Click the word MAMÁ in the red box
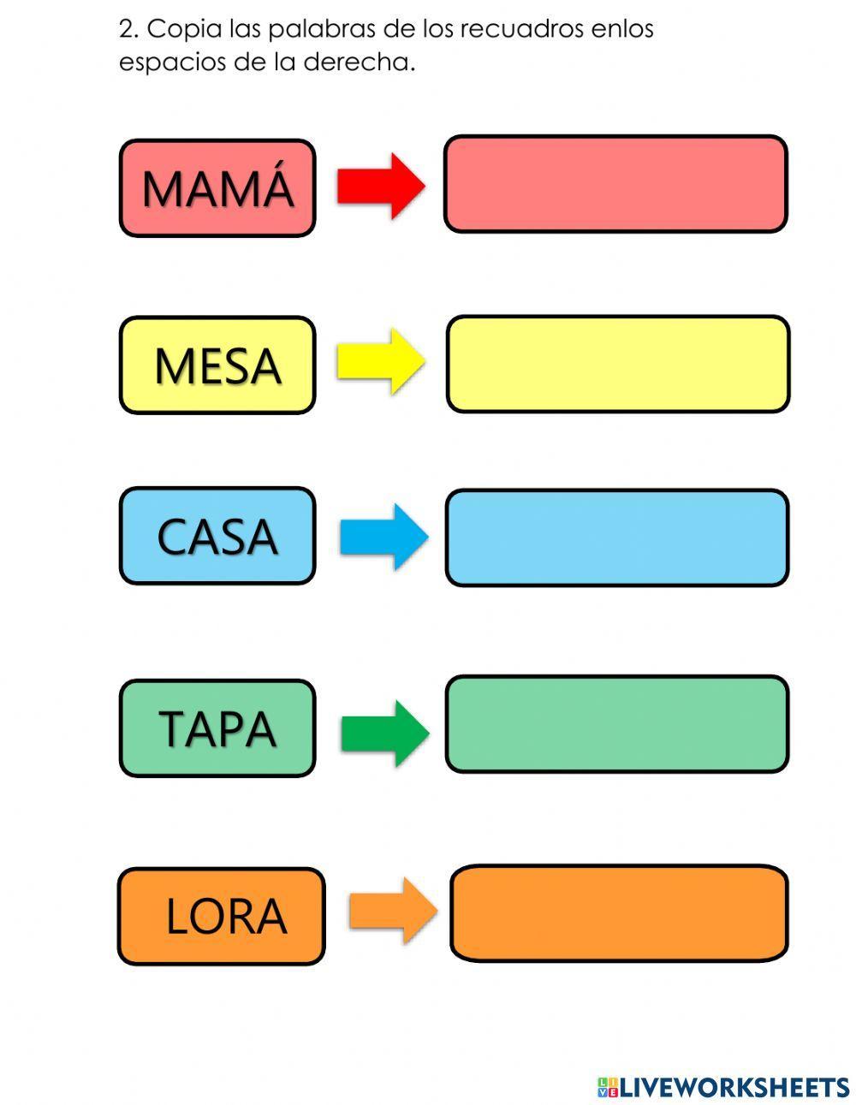217,188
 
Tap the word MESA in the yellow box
217,365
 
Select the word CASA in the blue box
217,537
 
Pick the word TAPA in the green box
217,728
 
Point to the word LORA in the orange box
225,917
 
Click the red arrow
380,186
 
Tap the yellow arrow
380,361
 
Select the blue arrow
383,537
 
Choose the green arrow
384,733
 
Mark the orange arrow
392,911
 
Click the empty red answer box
615,184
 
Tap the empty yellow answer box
617,364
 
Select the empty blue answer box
616,538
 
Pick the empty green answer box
616,724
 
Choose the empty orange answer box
618,912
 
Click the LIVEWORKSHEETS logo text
734,1087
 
